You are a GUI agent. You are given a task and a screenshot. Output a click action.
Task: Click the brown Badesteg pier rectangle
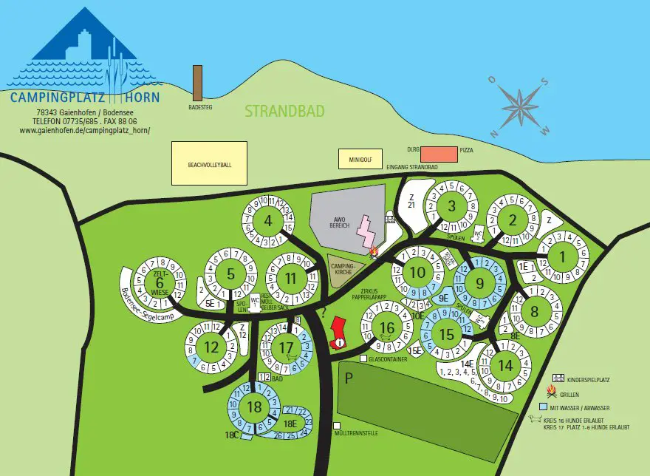click(x=197, y=83)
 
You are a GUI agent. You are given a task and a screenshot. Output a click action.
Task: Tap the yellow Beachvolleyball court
click(x=209, y=163)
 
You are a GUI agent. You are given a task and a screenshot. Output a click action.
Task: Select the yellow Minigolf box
click(x=357, y=158)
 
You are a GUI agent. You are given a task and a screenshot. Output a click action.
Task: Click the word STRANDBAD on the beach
click(x=284, y=112)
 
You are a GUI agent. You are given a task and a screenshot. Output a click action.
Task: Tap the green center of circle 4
click(x=268, y=220)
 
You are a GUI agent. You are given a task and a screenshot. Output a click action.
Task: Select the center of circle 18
click(x=255, y=407)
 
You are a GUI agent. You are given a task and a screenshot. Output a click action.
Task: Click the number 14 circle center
click(x=505, y=364)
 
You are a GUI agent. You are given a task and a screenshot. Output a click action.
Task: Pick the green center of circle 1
click(x=562, y=256)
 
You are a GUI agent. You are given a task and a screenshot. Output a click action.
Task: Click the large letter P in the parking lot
click(x=348, y=377)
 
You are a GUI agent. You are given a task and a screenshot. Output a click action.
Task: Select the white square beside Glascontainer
click(x=364, y=358)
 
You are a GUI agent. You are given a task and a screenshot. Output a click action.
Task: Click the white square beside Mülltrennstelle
click(x=337, y=426)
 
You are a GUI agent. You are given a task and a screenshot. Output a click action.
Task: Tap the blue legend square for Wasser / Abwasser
click(x=544, y=407)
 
